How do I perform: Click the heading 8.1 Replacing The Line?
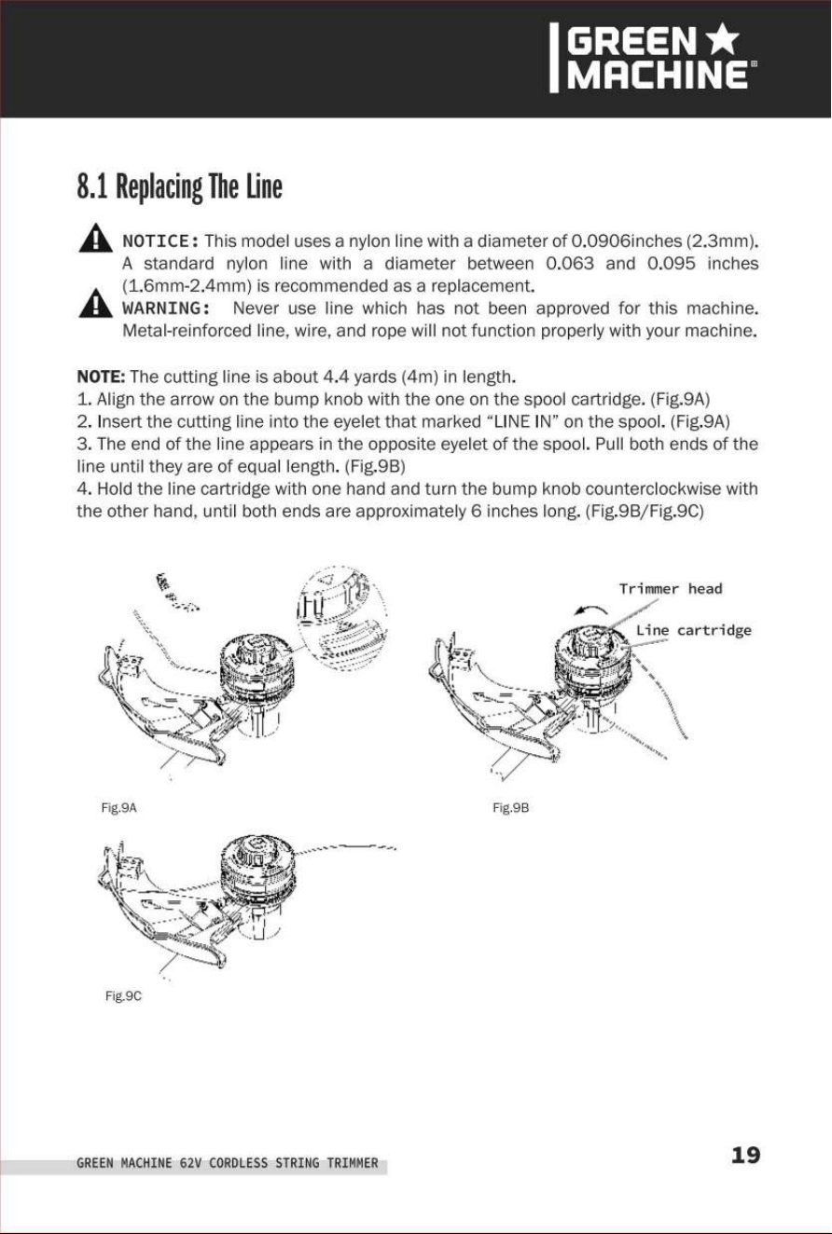(179, 186)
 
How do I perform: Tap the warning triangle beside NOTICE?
(95, 238)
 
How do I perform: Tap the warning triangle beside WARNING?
(95, 303)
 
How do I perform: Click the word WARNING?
(166, 308)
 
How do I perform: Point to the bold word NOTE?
(102, 377)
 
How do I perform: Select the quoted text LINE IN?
(520, 421)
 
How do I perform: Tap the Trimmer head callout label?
(671, 589)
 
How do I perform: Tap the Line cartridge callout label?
(694, 630)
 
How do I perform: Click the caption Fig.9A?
(118, 808)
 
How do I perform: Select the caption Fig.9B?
(510, 808)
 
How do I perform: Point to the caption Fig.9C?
(123, 996)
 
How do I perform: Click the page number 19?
(745, 1155)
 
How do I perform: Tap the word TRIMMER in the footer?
(353, 1163)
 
